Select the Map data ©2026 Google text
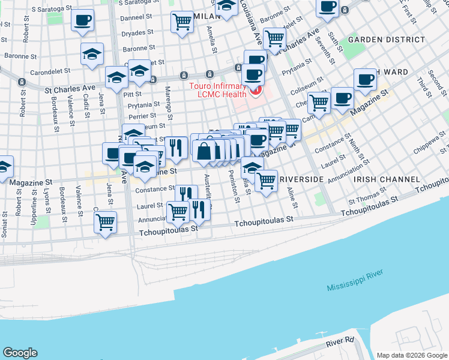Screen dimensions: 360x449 click(412, 355)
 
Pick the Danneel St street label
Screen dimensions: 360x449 click(137, 19)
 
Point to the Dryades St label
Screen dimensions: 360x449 click(139, 33)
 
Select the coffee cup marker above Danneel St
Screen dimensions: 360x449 click(82, 19)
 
